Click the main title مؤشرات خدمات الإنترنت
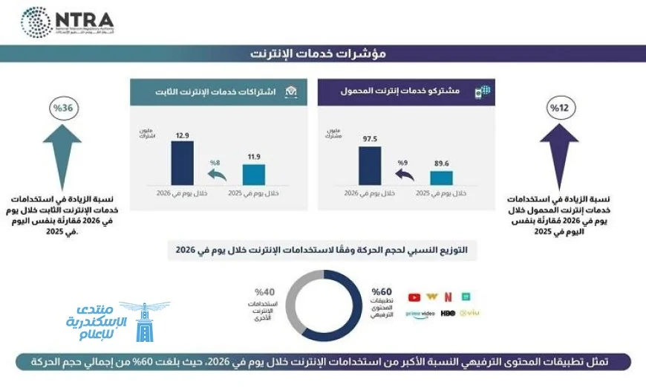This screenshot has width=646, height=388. [x=323, y=54]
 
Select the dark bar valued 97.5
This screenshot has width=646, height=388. [x=369, y=165]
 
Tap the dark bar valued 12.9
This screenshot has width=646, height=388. [x=182, y=163]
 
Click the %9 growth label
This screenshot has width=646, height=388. [x=403, y=162]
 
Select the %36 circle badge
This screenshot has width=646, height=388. [x=62, y=109]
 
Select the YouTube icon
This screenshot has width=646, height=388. [x=414, y=297]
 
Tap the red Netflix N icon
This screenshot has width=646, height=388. [x=448, y=297]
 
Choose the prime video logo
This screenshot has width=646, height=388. [x=420, y=314]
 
